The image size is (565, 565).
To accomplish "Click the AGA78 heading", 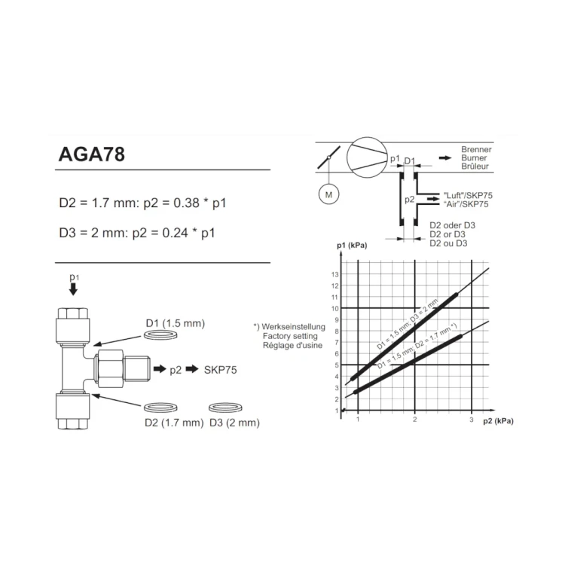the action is (x=91, y=154).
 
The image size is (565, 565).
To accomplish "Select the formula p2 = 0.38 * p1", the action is (x=185, y=203).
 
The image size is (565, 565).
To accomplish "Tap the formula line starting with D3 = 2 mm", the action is (x=137, y=233).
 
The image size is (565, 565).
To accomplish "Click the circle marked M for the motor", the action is (x=328, y=195).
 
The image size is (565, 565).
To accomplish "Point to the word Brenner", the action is (x=476, y=150).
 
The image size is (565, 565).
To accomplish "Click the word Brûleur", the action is (x=475, y=166).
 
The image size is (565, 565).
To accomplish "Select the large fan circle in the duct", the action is (x=367, y=157).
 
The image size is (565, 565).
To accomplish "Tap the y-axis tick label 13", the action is (x=335, y=274).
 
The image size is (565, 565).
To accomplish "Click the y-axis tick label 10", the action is (x=335, y=309).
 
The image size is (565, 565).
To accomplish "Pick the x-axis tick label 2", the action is (x=415, y=420).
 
